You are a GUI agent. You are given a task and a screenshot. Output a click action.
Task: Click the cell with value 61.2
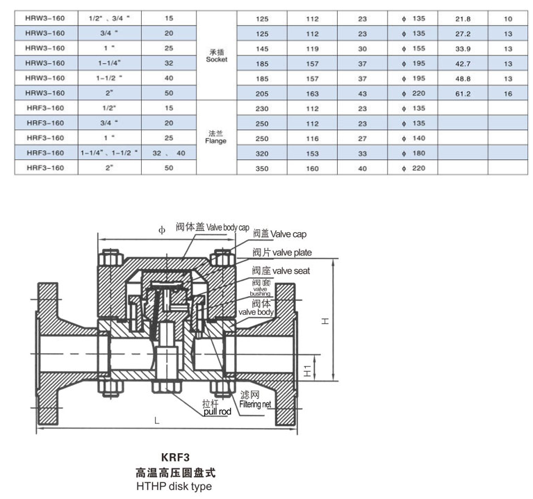click(x=462, y=93)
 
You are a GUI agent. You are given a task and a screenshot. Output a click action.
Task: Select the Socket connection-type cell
click(x=216, y=56)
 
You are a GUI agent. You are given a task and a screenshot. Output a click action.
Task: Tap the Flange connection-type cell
click(x=216, y=137)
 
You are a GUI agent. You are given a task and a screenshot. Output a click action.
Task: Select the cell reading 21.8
click(x=462, y=18)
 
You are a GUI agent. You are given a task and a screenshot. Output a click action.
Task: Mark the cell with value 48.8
click(x=462, y=79)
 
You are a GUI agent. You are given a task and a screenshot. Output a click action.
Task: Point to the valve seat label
click(x=281, y=270)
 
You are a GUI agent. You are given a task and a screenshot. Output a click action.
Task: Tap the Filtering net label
click(x=255, y=404)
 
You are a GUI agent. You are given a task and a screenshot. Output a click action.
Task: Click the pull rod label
click(x=217, y=411)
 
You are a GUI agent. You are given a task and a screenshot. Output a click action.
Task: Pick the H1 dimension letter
click(x=305, y=368)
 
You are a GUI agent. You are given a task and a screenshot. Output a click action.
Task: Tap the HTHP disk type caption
click(x=174, y=486)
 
